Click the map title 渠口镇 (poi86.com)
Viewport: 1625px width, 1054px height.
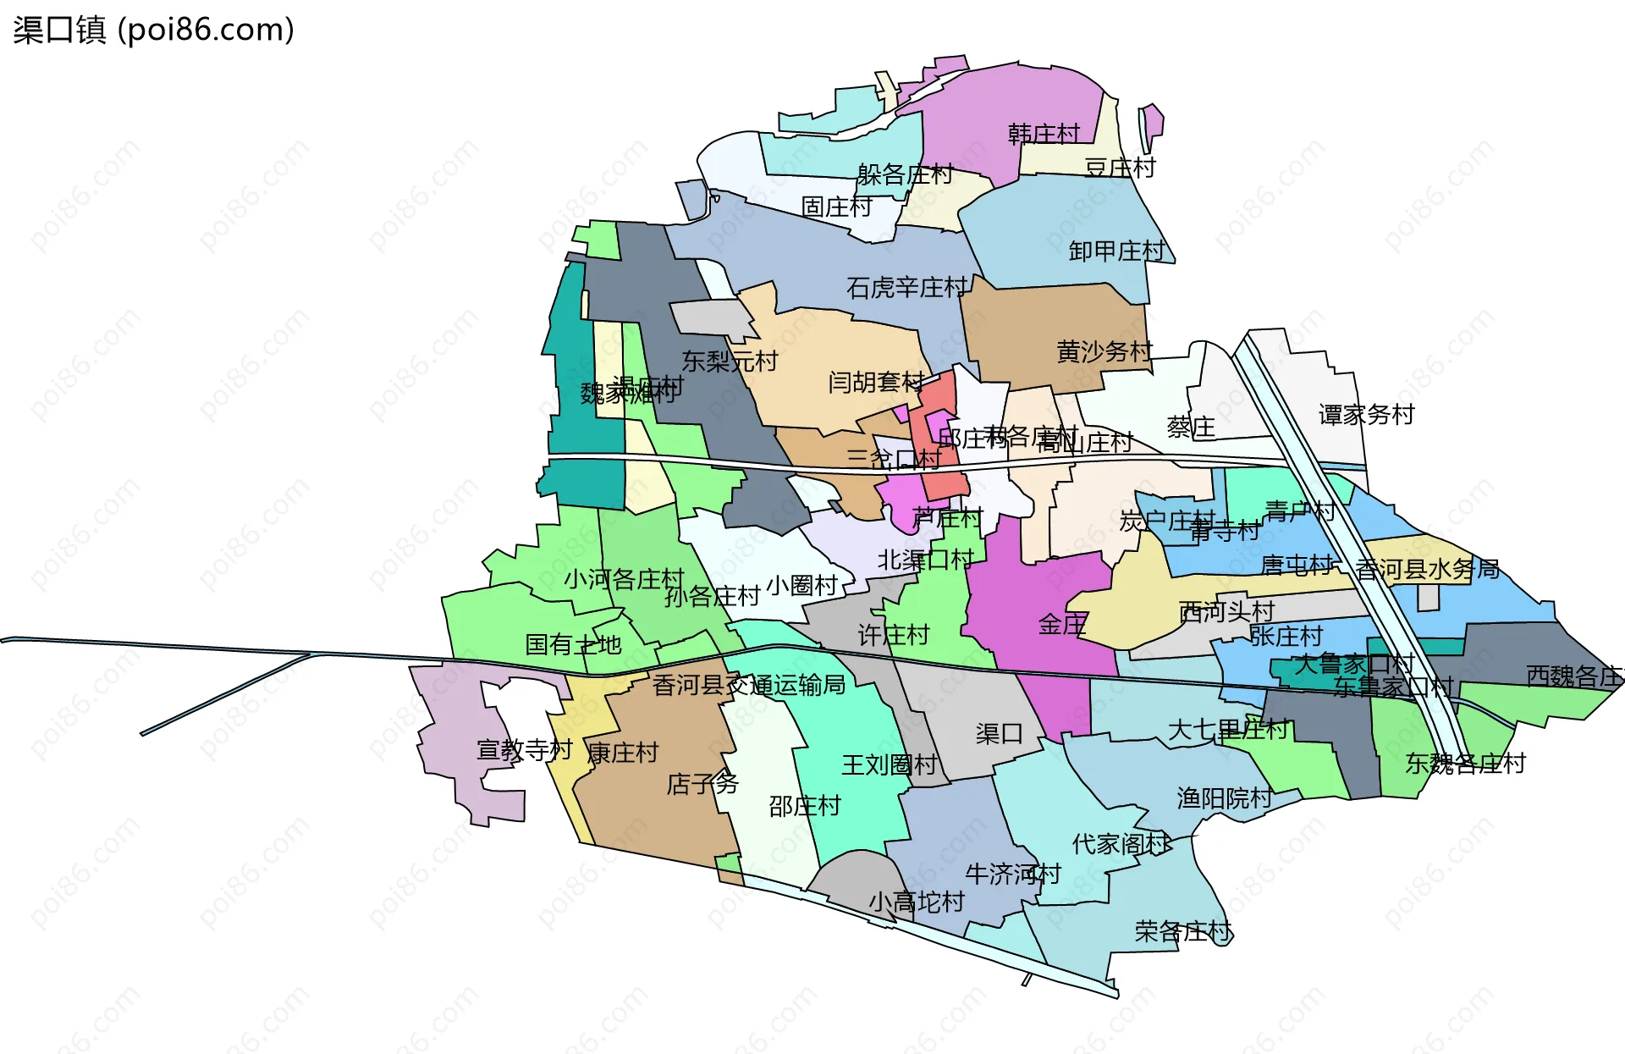[x=153, y=30]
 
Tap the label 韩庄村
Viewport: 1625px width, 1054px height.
[x=1044, y=134]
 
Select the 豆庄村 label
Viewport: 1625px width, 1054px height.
[x=1120, y=168]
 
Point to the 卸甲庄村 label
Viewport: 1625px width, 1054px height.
[x=1117, y=251]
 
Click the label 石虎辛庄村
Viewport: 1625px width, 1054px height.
[x=906, y=288]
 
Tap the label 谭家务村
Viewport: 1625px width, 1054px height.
[x=1366, y=414]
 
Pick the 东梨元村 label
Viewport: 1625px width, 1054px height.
[x=730, y=361]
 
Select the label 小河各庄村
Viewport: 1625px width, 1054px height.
[x=624, y=579]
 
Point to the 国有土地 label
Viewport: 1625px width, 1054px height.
[x=573, y=645]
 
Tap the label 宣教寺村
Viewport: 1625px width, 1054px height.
[x=524, y=750]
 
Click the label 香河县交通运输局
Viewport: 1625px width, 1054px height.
[x=749, y=685]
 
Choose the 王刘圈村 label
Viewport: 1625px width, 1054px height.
[x=889, y=765]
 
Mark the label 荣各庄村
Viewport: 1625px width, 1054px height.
[x=1182, y=932]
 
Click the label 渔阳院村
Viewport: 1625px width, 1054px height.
[x=1225, y=797]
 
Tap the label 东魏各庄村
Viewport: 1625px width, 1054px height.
[x=1465, y=764]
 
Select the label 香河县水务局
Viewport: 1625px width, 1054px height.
[x=1427, y=569]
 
